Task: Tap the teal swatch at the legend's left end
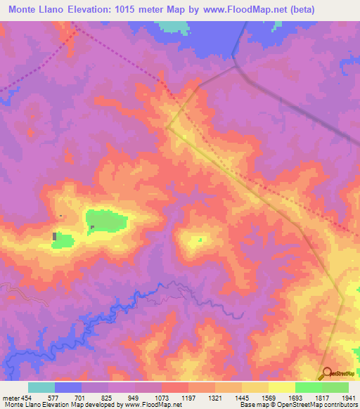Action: click(x=41, y=387)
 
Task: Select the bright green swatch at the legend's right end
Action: click(x=335, y=387)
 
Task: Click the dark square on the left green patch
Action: click(x=55, y=236)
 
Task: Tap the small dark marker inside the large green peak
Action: click(x=91, y=226)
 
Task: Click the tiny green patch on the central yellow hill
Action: click(x=200, y=240)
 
